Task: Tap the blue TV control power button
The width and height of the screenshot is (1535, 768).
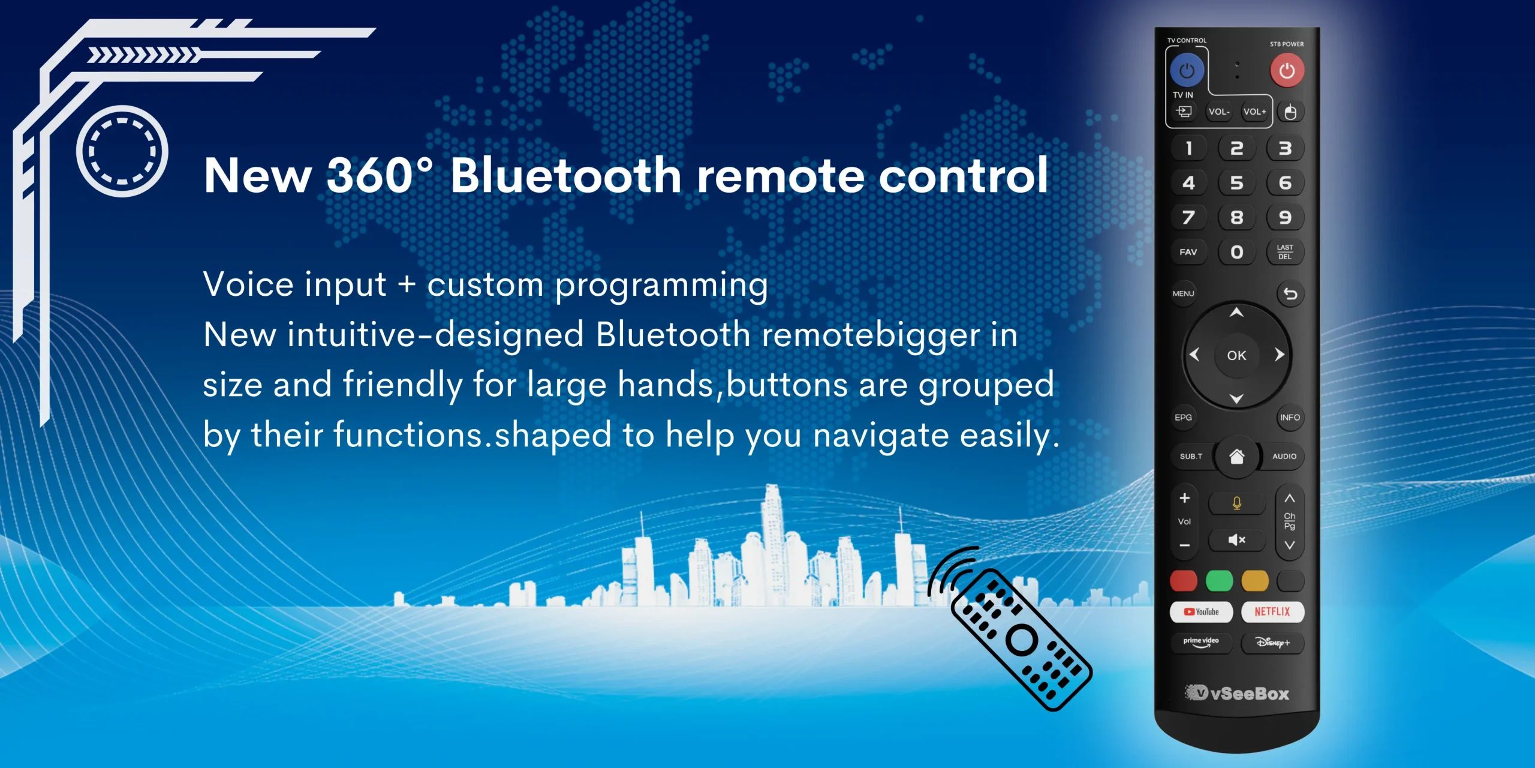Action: coord(1187,71)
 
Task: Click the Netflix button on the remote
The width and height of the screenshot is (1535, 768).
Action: coord(1272,611)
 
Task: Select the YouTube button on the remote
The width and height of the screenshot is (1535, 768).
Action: coord(1201,611)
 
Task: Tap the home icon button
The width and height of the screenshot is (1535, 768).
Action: coord(1236,457)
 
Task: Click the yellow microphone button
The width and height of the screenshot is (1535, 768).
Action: coord(1236,503)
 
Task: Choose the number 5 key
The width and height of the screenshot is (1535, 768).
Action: coord(1236,183)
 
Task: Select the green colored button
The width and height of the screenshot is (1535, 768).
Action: coord(1219,580)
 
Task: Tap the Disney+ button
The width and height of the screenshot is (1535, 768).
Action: coord(1272,643)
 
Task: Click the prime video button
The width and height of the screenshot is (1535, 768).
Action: coord(1201,643)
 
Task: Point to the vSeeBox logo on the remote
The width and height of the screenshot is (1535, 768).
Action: coord(1237,693)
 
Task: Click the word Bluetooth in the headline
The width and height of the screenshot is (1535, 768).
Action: coord(566,175)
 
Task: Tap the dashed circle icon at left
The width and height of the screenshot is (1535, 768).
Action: coord(122,151)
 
